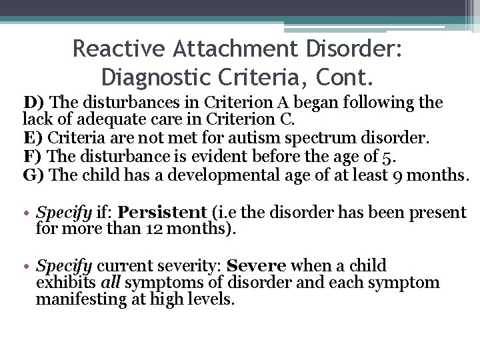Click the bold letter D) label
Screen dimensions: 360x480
click(x=34, y=103)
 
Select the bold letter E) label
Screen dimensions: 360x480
click(x=33, y=139)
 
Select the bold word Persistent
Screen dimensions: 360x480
click(x=163, y=213)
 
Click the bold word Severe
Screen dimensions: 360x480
click(x=251, y=266)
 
